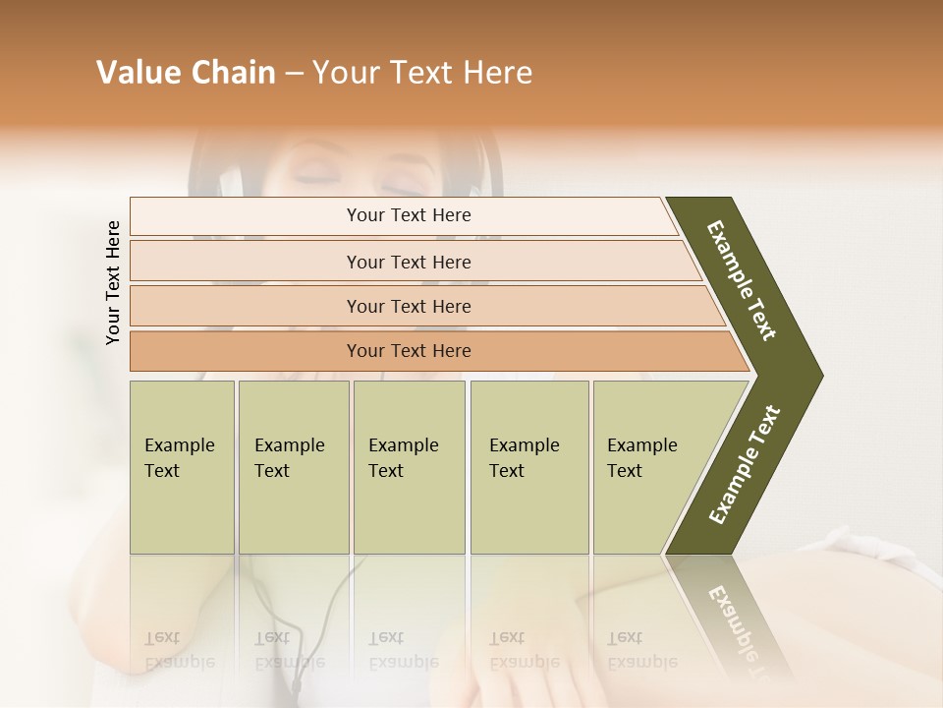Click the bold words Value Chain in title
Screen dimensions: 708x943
[x=186, y=73]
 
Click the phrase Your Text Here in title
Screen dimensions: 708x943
[x=422, y=73]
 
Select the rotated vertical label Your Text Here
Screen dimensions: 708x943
[x=114, y=282]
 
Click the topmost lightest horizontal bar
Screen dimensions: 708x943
[x=409, y=215]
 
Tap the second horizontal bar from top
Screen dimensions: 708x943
[x=409, y=262]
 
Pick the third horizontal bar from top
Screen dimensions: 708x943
[x=409, y=306]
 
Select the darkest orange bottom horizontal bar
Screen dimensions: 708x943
[x=409, y=351]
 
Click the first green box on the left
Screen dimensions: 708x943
[x=182, y=467]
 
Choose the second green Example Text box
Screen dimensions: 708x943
[x=293, y=467]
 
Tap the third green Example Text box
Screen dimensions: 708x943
[x=409, y=467]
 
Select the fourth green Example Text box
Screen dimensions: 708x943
[x=528, y=467]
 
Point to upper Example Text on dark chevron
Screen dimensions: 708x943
[x=743, y=280]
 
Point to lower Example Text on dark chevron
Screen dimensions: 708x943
[x=745, y=465]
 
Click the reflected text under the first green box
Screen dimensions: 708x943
[x=179, y=650]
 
